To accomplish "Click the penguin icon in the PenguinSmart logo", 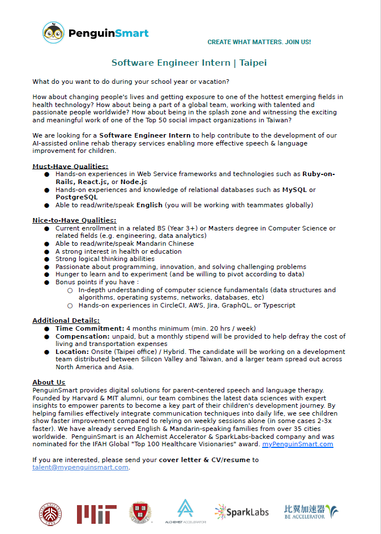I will [x=53, y=32].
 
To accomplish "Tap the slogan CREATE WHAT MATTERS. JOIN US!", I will [x=259, y=42].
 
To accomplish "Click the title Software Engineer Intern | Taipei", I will [x=189, y=62].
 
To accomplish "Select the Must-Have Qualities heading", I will [x=70, y=166].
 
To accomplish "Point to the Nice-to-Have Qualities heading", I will [x=74, y=220].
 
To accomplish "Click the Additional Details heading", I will [x=66, y=321].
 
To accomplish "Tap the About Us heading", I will [x=49, y=382].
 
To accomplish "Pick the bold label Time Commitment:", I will [x=89, y=328].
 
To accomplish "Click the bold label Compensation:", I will [x=85, y=336].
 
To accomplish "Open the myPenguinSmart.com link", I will [x=297, y=444].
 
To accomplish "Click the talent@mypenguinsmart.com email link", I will [x=80, y=467].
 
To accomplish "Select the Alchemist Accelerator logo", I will [x=185, y=511].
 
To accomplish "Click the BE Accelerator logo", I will [x=311, y=512].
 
